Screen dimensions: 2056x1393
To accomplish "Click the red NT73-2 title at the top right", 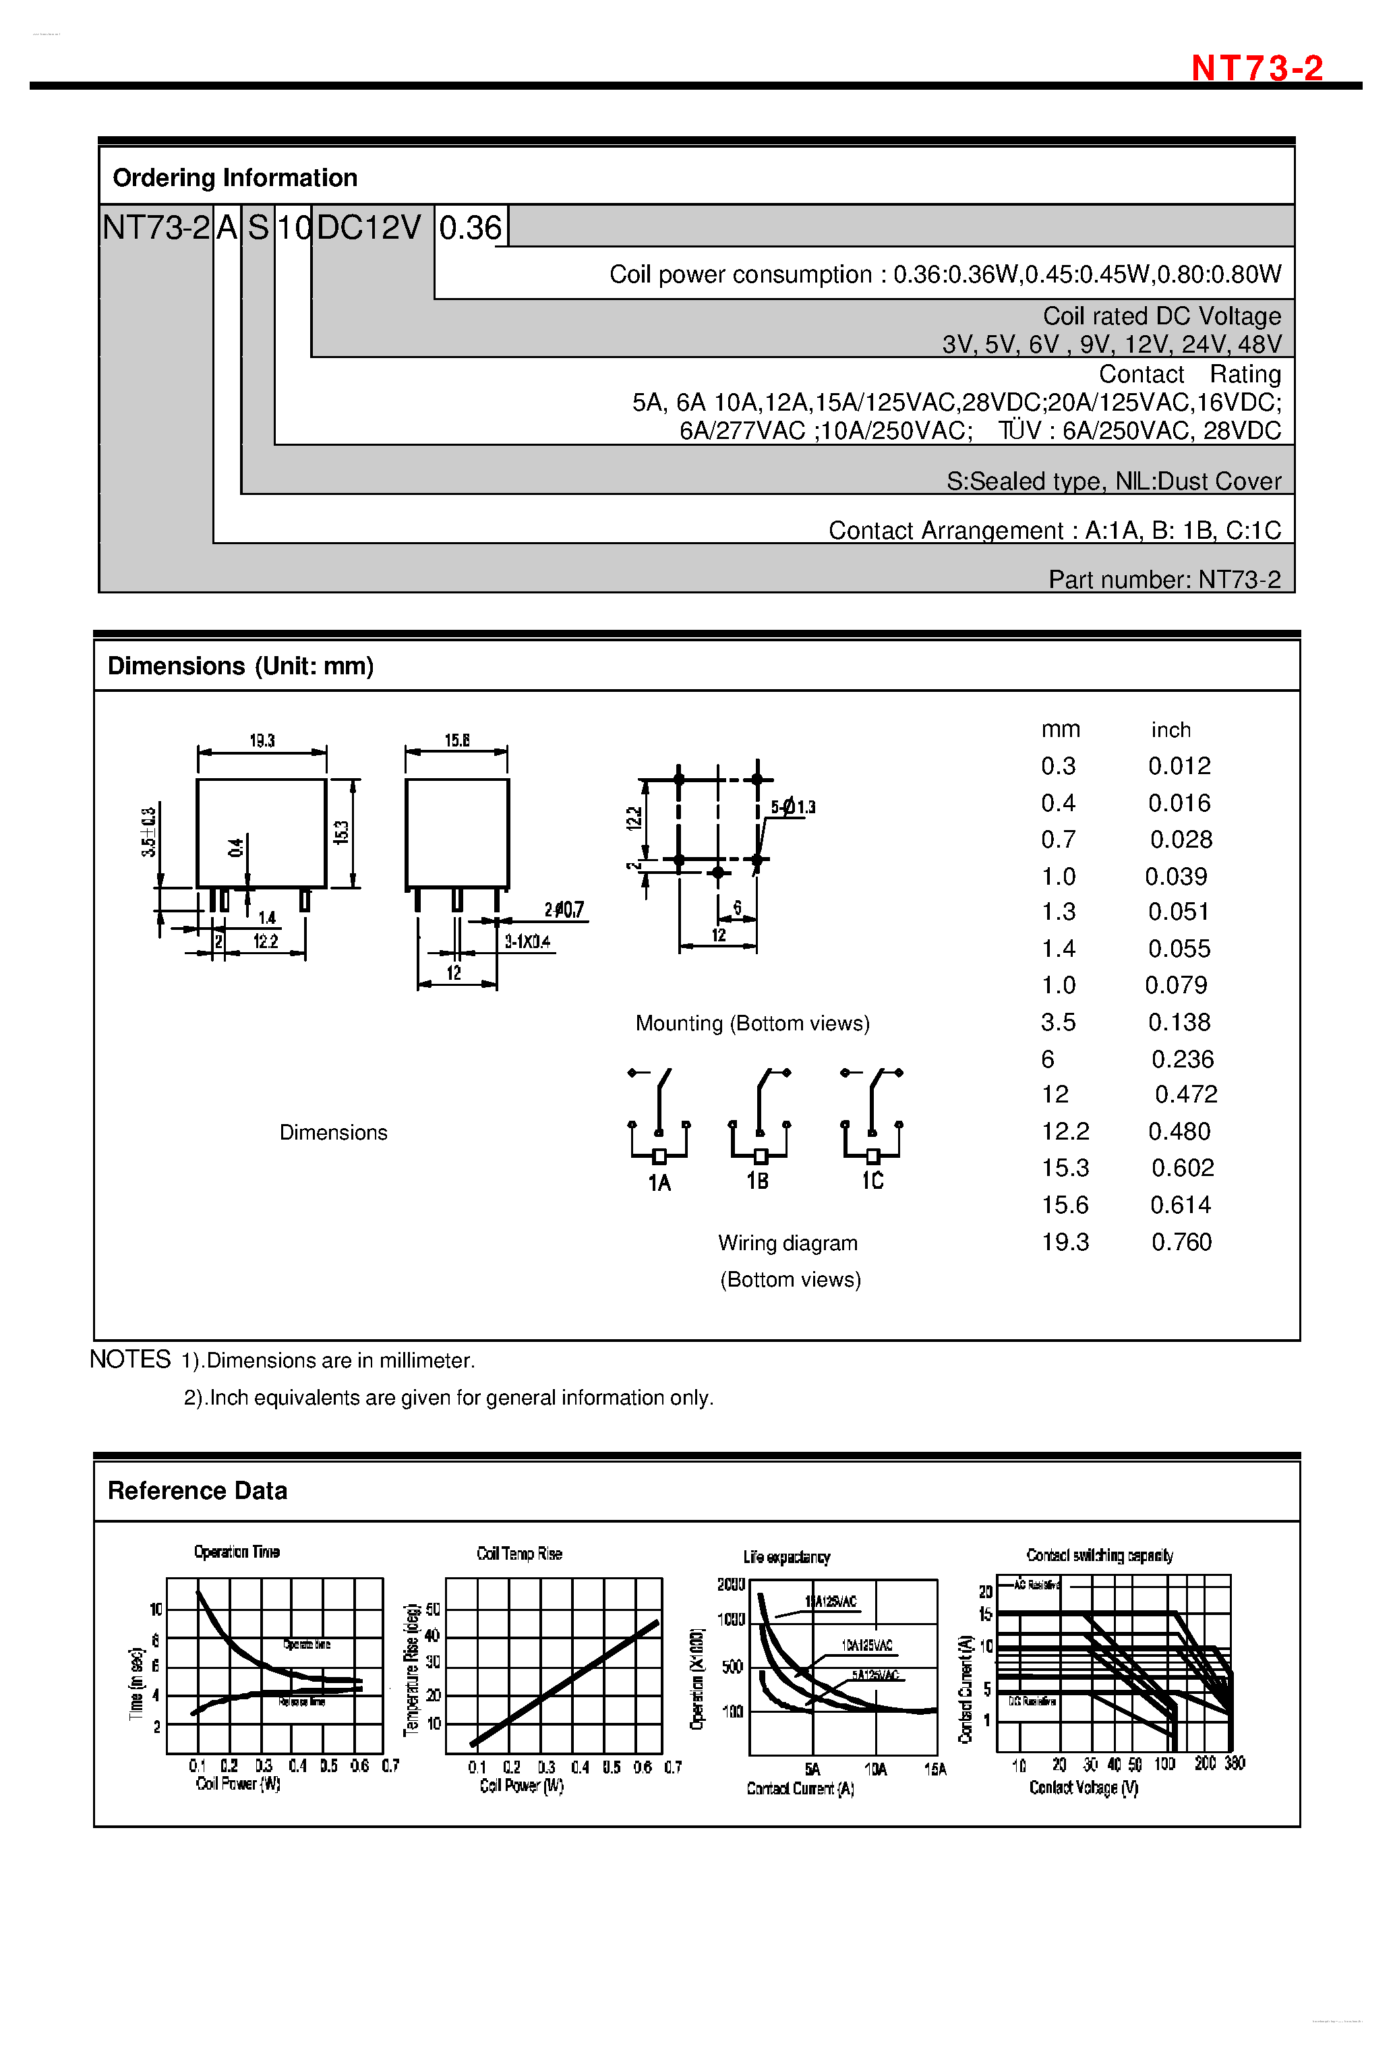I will coord(1256,68).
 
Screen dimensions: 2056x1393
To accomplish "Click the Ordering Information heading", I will coord(235,178).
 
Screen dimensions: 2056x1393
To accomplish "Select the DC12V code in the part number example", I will coord(369,227).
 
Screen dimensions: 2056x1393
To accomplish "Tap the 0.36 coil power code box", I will coord(471,227).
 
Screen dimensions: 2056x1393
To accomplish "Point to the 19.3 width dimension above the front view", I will coord(262,740).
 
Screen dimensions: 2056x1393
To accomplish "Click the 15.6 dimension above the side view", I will coord(456,740).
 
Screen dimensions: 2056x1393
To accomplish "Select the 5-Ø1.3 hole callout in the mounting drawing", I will coord(792,807).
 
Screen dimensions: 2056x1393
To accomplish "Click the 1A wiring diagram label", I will coord(659,1183).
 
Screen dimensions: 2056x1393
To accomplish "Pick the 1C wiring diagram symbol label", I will coord(872,1181).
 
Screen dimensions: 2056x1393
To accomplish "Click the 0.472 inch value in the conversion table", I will coord(1185,1094).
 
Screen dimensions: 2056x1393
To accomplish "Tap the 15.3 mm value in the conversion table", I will coord(1065,1168).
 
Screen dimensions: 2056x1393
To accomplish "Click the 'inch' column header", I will coord(1170,730).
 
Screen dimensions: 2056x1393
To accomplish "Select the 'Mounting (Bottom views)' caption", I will coord(752,1024).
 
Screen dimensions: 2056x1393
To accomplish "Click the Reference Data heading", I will coord(198,1491).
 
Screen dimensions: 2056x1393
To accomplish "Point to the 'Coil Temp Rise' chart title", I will coord(519,1554).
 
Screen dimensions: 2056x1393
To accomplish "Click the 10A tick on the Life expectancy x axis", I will coord(875,1769).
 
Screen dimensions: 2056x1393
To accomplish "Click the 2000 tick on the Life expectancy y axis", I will coord(731,1585).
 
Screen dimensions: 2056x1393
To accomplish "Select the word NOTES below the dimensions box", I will coord(130,1359).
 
